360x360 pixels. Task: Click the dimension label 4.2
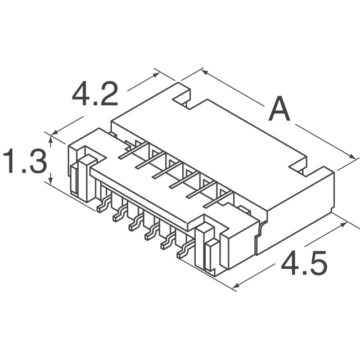click(x=95, y=94)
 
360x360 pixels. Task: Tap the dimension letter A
click(x=279, y=109)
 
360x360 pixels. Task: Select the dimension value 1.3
click(x=25, y=161)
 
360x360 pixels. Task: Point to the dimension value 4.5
click(x=304, y=263)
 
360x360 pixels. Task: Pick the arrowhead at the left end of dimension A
click(x=205, y=73)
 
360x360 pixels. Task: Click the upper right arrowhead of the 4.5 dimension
click(x=343, y=224)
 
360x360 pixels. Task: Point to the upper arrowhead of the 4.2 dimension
click(x=156, y=75)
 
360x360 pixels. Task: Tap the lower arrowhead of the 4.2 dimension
click(x=55, y=132)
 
